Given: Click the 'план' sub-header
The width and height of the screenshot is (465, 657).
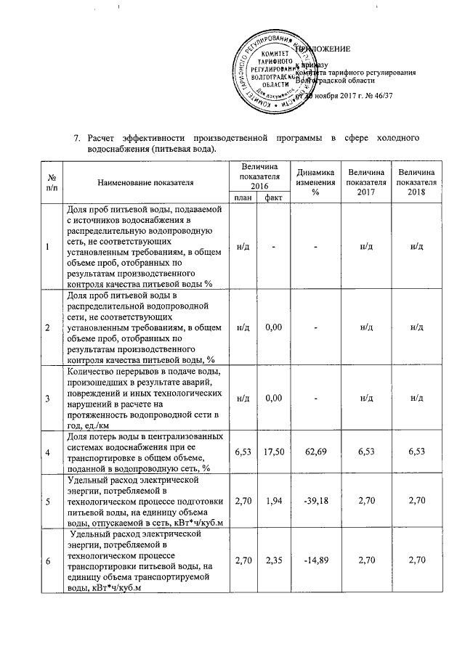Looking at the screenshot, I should [x=243, y=197].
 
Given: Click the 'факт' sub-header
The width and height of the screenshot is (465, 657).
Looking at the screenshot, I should [x=273, y=197].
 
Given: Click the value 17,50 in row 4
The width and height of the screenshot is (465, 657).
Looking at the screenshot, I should [x=273, y=452].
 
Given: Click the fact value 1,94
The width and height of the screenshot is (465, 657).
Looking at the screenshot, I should [x=273, y=502].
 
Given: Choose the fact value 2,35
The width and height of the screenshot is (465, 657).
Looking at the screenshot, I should [x=273, y=560].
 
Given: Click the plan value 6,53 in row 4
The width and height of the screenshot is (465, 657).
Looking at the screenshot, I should [x=243, y=452].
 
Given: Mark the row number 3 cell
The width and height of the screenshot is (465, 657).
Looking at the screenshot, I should [x=47, y=399].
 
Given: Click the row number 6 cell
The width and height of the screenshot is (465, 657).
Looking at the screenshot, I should [x=47, y=560].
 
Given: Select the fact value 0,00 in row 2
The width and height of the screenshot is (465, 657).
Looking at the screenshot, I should [x=273, y=327].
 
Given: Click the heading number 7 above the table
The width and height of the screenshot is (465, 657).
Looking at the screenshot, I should [x=77, y=138].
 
